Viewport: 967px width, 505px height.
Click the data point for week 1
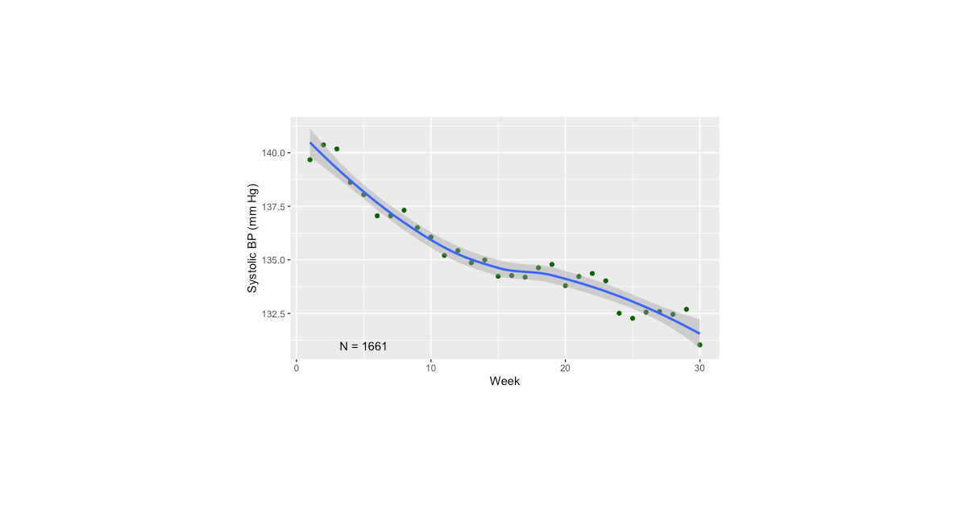pos(310,159)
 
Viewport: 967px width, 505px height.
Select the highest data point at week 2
pos(323,145)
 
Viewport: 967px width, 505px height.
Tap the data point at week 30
pos(699,345)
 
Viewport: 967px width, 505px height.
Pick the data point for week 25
pos(633,318)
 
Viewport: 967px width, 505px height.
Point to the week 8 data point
pos(404,210)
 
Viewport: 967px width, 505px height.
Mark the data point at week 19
pos(552,264)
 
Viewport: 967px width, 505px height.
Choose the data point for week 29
pos(687,309)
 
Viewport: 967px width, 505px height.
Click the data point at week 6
pos(377,216)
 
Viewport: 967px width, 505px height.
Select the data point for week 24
pos(619,313)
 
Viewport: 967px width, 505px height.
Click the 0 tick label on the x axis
pos(297,368)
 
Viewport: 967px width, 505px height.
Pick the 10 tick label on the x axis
pos(431,368)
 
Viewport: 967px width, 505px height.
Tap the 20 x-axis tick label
pos(565,368)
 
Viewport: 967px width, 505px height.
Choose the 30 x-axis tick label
pos(699,368)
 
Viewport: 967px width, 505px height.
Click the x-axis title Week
pos(504,382)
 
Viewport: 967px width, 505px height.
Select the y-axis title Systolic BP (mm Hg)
pos(253,238)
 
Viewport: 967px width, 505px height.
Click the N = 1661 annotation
pos(363,346)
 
